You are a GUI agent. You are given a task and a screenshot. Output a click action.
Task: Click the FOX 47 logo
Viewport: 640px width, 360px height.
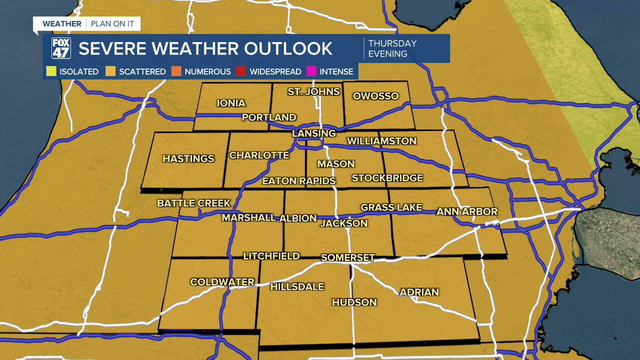(x=61, y=48)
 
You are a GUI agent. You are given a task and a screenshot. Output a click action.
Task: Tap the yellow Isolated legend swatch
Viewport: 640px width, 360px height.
(x=51, y=71)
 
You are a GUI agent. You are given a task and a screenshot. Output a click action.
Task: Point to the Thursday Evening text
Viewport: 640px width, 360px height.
(x=392, y=48)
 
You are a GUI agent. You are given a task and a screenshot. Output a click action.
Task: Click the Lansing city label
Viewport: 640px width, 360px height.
(x=314, y=133)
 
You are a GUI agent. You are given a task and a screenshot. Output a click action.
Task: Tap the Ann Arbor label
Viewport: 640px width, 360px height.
(x=467, y=212)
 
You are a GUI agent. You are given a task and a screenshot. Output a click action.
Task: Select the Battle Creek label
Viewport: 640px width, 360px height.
(x=194, y=203)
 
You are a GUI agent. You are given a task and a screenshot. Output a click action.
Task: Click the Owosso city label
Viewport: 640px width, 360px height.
(x=375, y=96)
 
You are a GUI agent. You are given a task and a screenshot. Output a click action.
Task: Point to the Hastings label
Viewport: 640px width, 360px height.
(x=188, y=158)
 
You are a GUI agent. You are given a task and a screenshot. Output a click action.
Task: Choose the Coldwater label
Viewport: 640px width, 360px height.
(x=222, y=282)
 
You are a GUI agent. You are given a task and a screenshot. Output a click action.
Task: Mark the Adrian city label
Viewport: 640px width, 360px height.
(x=419, y=292)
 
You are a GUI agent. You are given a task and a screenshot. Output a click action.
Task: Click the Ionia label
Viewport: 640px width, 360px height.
(x=231, y=103)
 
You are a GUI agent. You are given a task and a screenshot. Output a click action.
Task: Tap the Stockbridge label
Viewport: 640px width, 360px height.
(x=387, y=178)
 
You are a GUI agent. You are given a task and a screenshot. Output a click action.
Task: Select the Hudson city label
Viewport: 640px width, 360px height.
(x=354, y=302)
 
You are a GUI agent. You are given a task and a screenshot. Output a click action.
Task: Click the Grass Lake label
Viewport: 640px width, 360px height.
(x=391, y=207)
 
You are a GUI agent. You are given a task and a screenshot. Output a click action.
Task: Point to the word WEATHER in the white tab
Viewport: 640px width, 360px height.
(x=62, y=24)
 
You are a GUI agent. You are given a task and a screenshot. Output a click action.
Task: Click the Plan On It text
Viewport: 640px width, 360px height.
(x=113, y=24)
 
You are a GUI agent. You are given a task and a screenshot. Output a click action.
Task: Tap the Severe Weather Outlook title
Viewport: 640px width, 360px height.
(x=205, y=48)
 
